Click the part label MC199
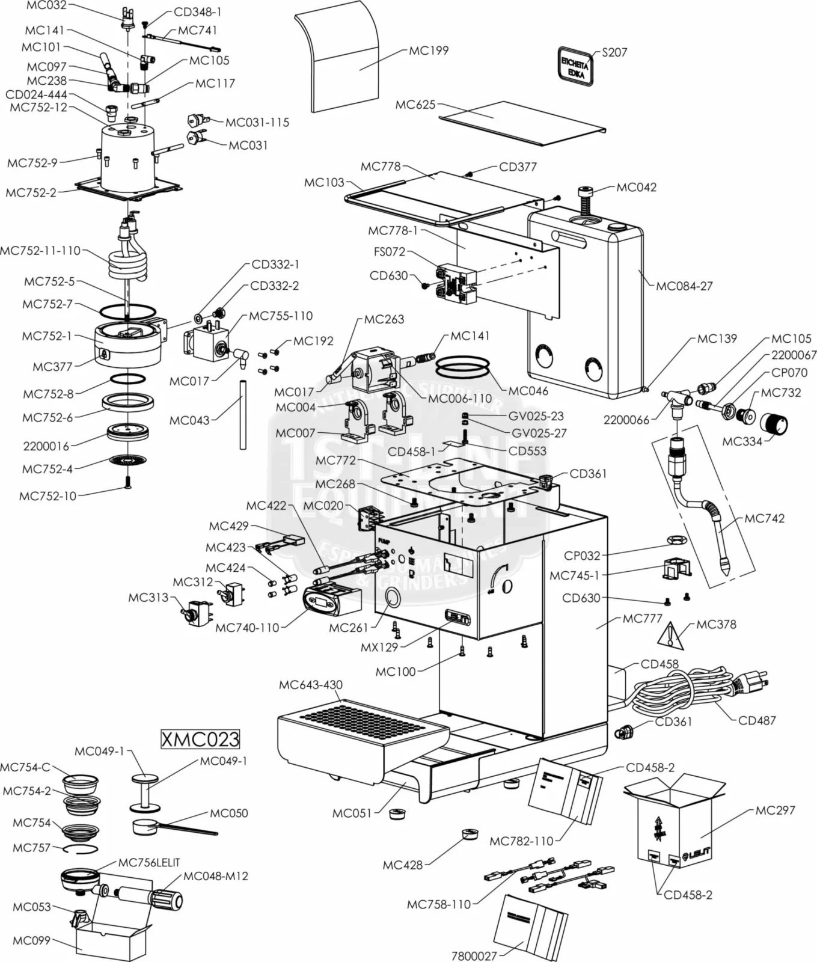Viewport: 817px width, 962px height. click(x=429, y=51)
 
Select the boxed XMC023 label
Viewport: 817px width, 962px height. click(x=200, y=738)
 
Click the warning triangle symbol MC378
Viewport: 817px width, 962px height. click(x=672, y=636)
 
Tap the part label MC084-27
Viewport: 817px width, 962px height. click(x=684, y=286)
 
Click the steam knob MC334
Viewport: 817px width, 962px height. click(x=775, y=423)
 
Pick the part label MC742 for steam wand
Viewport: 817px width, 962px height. click(x=764, y=518)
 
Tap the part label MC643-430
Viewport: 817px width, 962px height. click(x=310, y=685)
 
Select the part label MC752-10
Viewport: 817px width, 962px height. click(x=47, y=496)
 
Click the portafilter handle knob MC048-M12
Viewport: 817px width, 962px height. click(x=167, y=900)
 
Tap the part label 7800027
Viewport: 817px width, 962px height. click(x=474, y=955)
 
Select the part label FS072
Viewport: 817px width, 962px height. click(x=390, y=252)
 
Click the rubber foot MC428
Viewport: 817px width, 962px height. click(x=470, y=834)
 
